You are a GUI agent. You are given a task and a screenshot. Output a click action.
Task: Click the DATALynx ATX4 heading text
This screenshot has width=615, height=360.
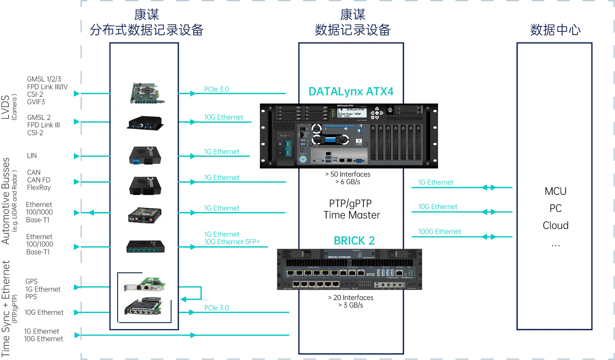[351, 92]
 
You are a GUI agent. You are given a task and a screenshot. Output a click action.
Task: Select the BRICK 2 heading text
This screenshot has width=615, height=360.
[354, 241]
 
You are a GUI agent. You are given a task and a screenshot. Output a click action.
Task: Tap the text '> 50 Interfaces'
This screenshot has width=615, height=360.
[348, 174]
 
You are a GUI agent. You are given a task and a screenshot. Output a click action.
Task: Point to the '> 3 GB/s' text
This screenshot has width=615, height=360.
[351, 305]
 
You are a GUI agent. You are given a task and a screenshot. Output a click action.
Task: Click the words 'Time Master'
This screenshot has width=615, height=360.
[352, 215]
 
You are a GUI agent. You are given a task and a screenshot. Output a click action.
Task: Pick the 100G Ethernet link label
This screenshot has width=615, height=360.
[440, 231]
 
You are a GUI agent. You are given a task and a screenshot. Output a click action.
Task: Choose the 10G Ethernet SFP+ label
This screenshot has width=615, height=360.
[232, 242]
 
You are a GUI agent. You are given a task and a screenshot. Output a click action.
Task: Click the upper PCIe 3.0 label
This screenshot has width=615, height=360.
[217, 89]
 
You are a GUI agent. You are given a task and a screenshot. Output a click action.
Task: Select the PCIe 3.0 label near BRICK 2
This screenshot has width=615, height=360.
[217, 308]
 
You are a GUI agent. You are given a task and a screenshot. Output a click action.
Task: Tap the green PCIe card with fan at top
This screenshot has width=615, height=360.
[147, 93]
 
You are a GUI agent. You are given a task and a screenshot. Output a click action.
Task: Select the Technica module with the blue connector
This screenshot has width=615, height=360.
[145, 155]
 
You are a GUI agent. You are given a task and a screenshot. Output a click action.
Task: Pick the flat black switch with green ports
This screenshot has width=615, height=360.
[145, 247]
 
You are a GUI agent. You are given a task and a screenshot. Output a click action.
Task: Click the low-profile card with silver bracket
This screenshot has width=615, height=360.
[145, 285]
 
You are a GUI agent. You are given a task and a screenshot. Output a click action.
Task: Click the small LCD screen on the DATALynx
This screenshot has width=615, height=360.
[352, 113]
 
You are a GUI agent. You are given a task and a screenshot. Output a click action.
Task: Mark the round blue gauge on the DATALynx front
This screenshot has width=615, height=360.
[303, 159]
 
